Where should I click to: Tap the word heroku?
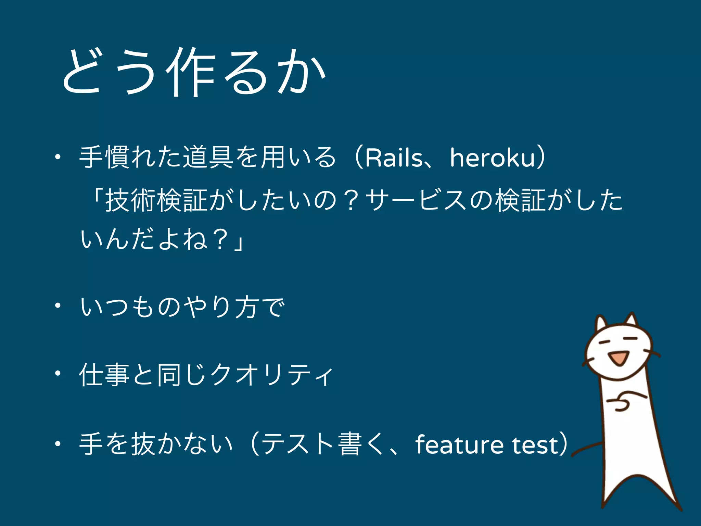pyautogui.click(x=492, y=158)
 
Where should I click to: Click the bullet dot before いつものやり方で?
pyautogui.click(x=58, y=306)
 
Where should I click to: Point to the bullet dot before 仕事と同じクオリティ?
pyautogui.click(x=58, y=374)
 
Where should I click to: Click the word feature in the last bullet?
pyautogui.click(x=459, y=445)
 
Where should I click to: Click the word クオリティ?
pyautogui.click(x=272, y=375)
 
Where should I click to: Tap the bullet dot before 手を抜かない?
pyautogui.click(x=58, y=444)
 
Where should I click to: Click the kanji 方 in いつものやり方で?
pyautogui.click(x=246, y=306)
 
